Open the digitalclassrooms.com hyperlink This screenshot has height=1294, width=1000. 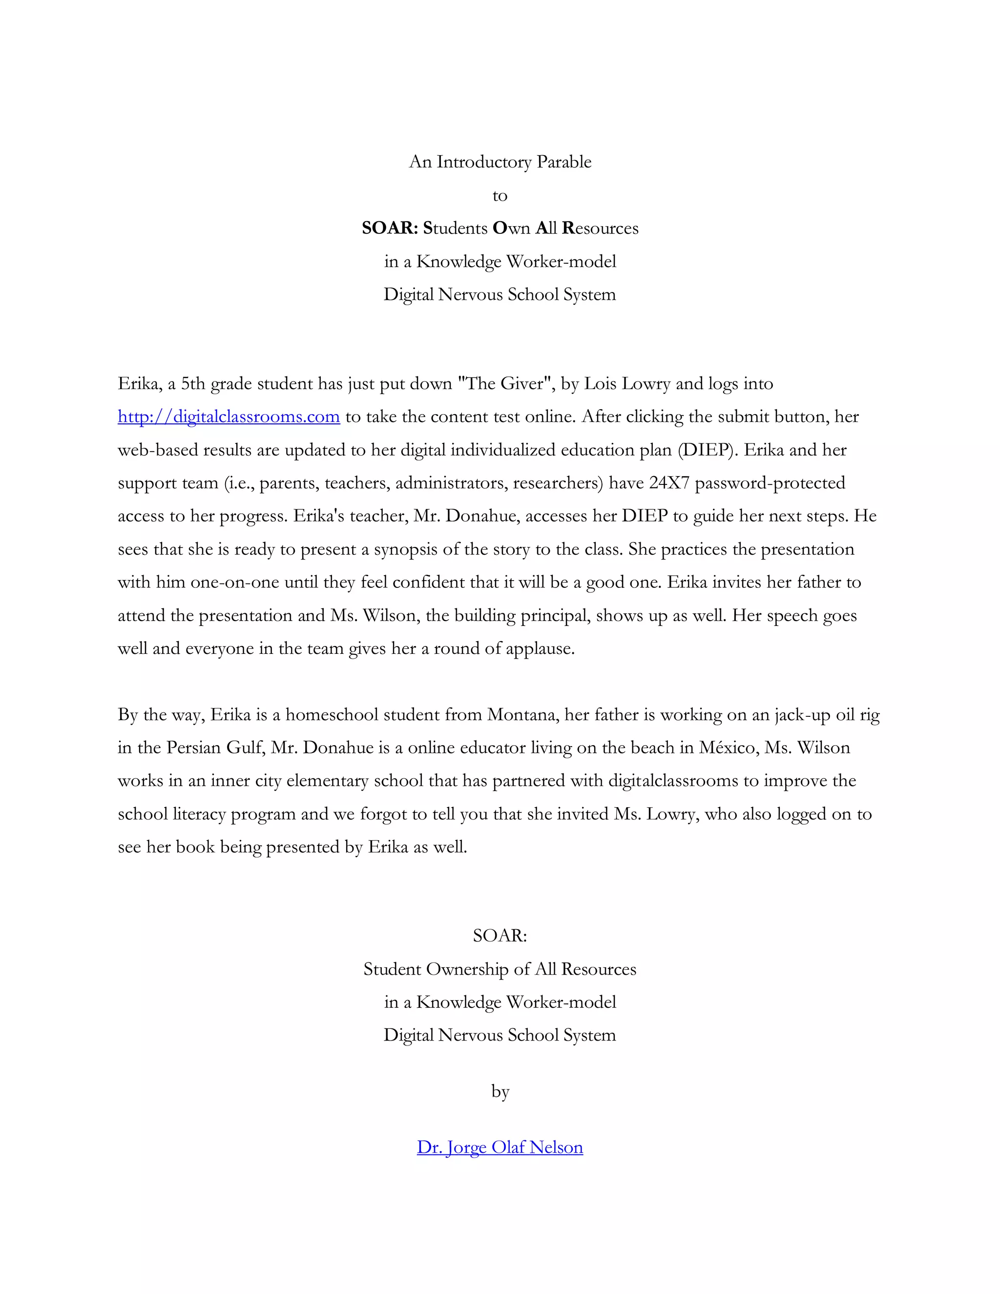coord(229,417)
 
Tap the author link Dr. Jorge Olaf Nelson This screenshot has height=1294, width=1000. coord(500,1148)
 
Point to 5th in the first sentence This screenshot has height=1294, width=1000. coord(193,384)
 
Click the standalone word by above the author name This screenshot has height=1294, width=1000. coord(500,1091)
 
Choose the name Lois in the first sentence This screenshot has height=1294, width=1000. coord(600,384)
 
